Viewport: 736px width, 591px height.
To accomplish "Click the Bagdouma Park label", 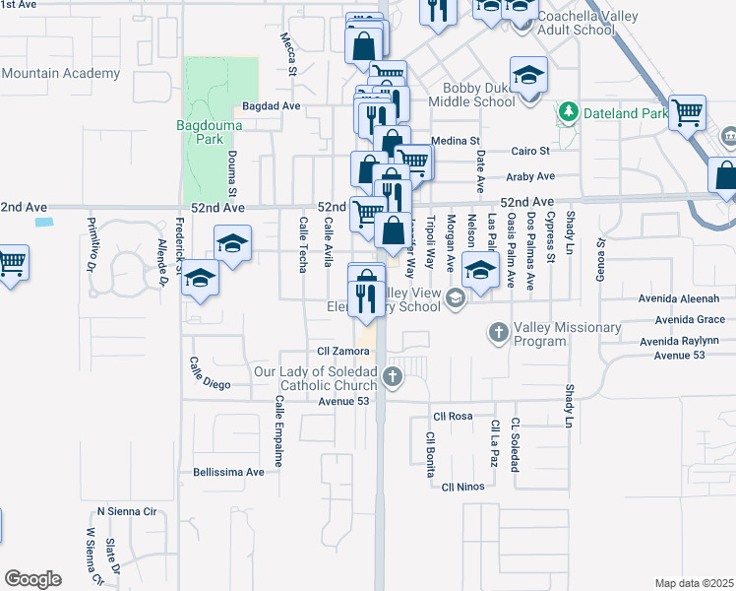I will [x=202, y=132].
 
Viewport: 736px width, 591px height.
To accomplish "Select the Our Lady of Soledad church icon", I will [x=393, y=376].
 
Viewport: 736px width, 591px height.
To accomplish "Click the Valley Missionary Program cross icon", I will [x=499, y=334].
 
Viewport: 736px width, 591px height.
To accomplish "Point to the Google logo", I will [x=32, y=579].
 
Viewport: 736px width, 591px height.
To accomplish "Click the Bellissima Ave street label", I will [x=229, y=472].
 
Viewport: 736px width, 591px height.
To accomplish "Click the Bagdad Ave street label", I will [x=271, y=105].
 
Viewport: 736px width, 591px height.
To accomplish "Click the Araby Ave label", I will [x=530, y=177].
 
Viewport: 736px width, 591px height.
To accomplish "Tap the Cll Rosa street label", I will [x=454, y=416].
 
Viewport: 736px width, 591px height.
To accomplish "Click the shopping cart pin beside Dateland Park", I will [x=687, y=110].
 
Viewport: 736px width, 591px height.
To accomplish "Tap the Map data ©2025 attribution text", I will [x=695, y=583].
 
